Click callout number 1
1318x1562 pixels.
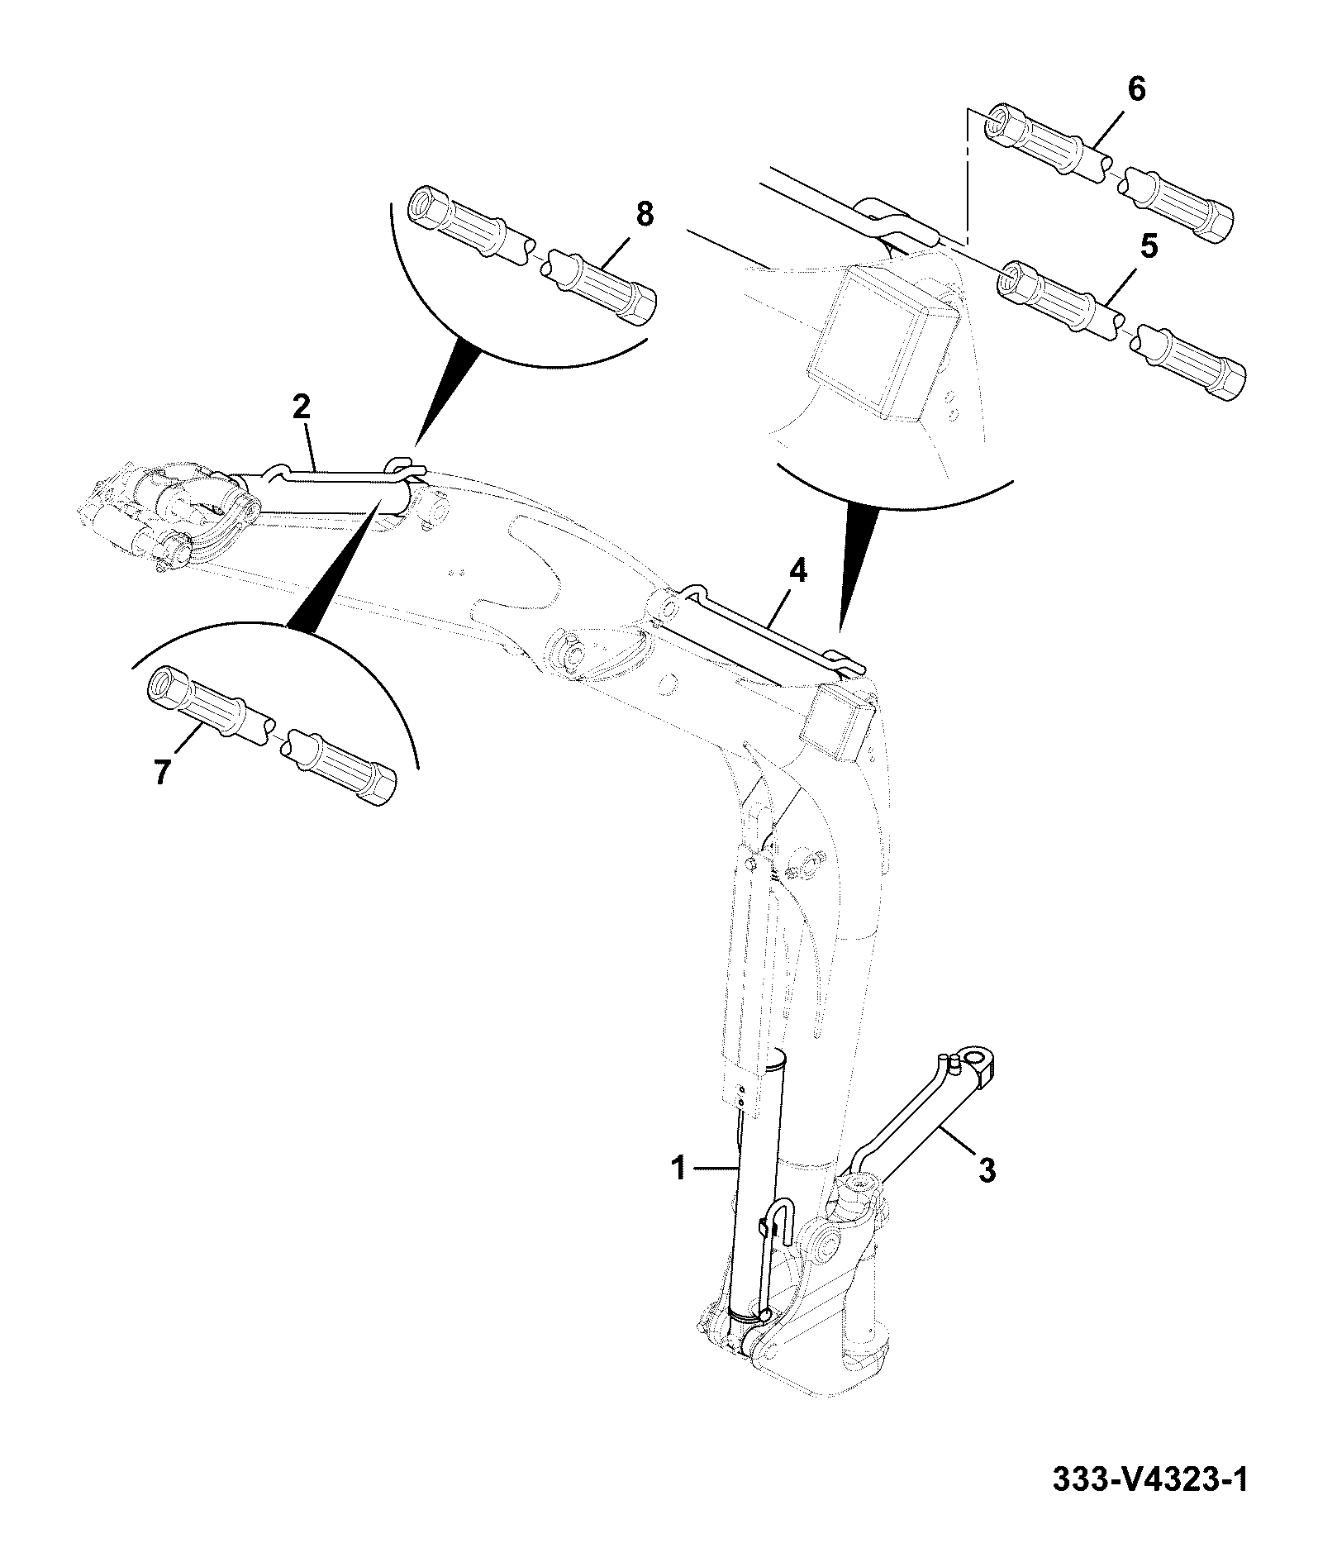679,1169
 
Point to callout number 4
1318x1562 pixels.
797,572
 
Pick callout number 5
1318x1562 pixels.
1150,246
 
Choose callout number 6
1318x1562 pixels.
1137,89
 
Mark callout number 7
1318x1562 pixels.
160,772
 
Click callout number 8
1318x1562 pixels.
645,214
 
